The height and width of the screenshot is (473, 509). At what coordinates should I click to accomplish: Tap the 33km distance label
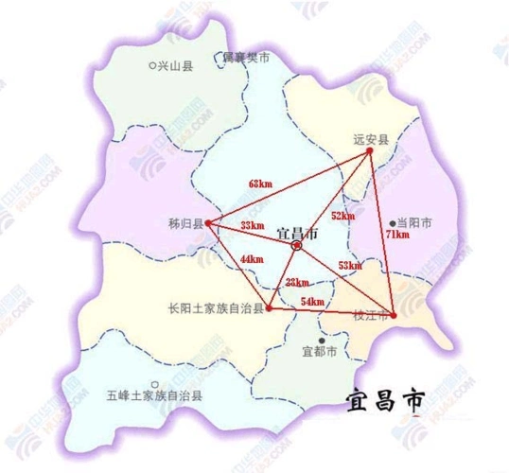pos(252,225)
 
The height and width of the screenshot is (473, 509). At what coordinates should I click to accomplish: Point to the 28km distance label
pos(296,282)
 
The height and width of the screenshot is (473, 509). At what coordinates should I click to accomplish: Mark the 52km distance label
pos(342,215)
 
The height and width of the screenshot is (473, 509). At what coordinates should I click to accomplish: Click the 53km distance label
pos(349,266)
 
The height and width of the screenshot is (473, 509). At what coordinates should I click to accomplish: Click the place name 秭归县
pos(182,225)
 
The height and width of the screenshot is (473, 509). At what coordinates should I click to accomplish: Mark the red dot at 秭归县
pos(209,224)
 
